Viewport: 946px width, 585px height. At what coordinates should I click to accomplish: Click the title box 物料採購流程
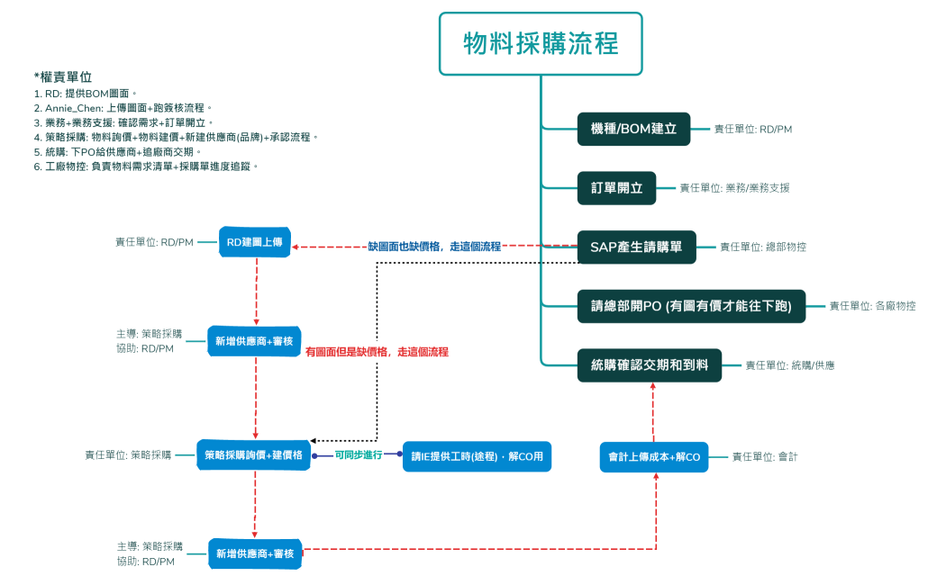(541, 43)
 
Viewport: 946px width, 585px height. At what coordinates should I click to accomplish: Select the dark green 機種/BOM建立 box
(633, 129)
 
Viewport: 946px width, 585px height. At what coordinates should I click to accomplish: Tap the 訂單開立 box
(616, 188)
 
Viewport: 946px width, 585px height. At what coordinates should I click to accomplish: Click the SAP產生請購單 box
(636, 247)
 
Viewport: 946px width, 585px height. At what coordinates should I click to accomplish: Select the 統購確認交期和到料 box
(649, 365)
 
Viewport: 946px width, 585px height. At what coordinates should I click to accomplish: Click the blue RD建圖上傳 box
(255, 242)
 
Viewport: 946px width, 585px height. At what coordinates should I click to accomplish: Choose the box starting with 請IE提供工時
(477, 455)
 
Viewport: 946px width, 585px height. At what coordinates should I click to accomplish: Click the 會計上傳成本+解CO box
(654, 457)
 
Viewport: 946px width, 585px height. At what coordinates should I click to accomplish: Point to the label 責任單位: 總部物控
(762, 247)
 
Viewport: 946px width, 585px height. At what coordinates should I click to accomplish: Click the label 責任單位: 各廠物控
(872, 306)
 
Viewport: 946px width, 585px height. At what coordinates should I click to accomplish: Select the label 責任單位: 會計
(764, 457)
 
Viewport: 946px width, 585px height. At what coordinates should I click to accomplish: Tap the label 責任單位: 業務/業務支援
(734, 188)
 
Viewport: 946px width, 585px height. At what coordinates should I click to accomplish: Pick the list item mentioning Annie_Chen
(123, 108)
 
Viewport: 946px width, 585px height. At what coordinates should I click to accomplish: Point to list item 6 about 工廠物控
(146, 166)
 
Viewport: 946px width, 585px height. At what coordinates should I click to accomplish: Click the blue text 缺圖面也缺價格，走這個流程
(434, 246)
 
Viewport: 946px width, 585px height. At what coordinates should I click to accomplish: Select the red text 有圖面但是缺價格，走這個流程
(377, 352)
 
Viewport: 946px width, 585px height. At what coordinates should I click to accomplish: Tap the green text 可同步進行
(358, 455)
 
